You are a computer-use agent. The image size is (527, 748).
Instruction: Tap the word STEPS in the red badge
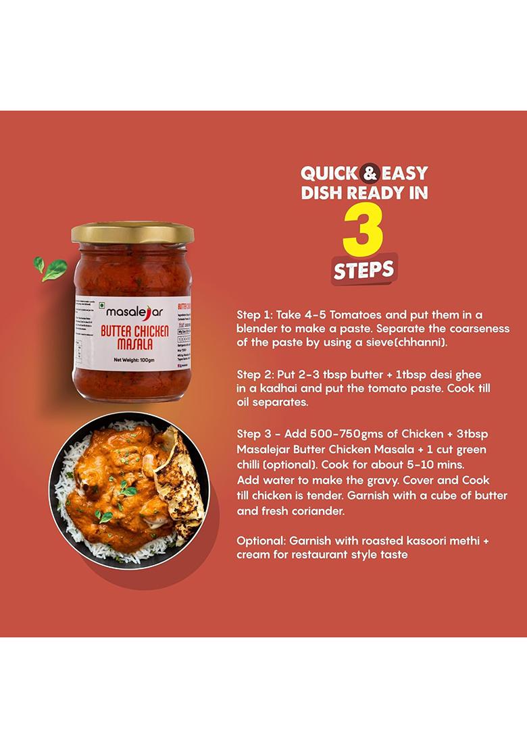363,269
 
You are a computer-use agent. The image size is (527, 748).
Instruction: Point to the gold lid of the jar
133,233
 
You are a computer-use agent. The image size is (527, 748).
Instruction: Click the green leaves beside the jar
51,268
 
